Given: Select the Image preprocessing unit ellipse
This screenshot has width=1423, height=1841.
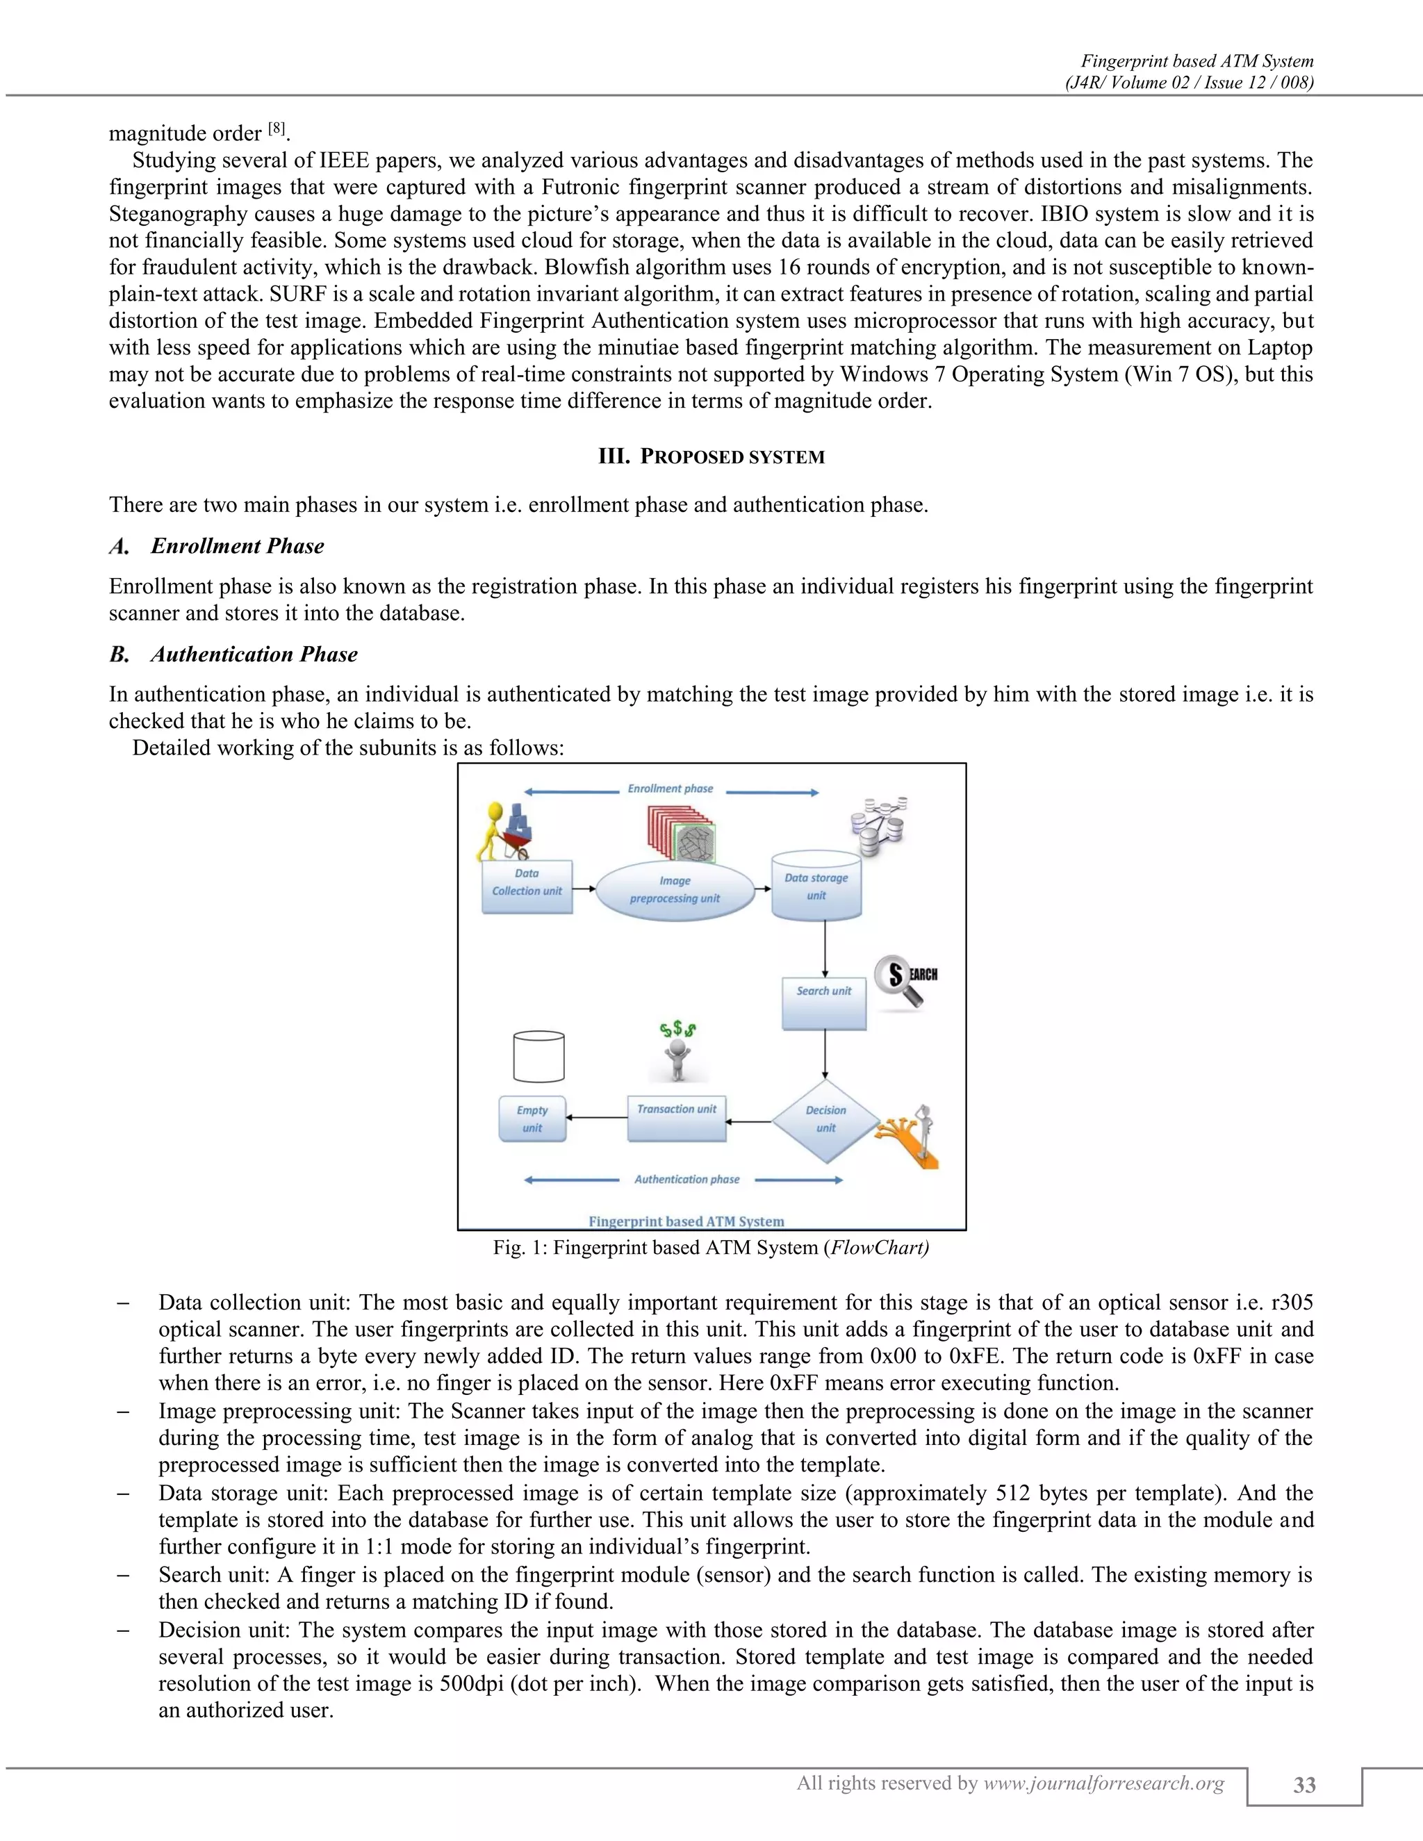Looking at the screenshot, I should (675, 890).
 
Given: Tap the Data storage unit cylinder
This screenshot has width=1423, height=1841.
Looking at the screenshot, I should (816, 888).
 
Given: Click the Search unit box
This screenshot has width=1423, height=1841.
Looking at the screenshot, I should (823, 1003).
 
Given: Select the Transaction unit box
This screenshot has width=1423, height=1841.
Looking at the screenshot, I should (676, 1118).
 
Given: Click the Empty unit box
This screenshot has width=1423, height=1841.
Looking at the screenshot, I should (532, 1119).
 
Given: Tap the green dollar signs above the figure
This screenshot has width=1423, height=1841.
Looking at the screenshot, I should (677, 1030).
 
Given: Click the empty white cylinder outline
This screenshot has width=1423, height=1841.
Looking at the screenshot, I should (538, 1056).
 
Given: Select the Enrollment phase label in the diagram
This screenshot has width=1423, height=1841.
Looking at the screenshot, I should (671, 789).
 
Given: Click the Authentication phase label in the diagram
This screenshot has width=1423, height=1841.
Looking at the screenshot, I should (686, 1180).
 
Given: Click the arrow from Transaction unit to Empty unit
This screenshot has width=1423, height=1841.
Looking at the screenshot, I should (596, 1118).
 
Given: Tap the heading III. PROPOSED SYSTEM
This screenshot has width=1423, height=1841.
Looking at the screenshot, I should (711, 457).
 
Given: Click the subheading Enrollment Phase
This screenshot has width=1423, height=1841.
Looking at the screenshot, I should (237, 546).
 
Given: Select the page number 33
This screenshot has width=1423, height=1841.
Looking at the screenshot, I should (1303, 1785).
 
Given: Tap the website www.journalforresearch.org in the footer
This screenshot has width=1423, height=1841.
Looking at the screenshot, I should (1103, 1783).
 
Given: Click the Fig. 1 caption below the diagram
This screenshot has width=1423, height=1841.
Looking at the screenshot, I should (711, 1248).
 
